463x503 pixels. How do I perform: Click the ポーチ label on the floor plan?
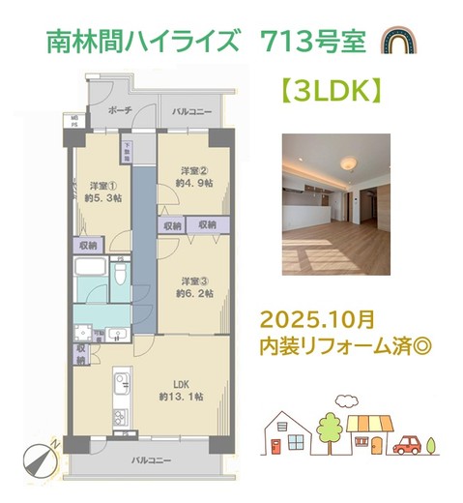tap(121, 112)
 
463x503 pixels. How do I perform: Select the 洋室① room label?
tap(103, 186)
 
